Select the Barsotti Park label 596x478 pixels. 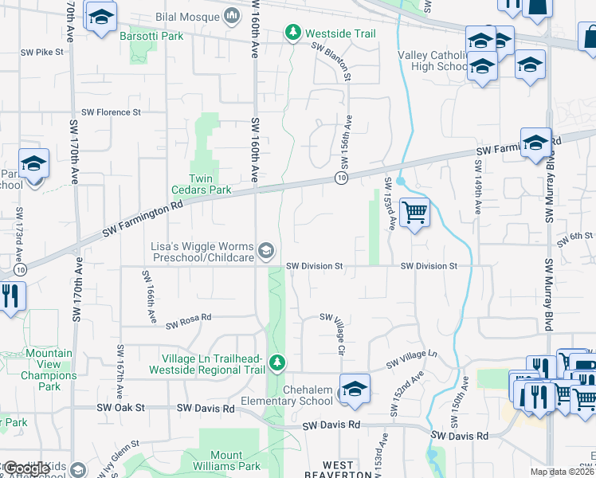coord(151,36)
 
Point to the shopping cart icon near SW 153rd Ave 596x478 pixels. coord(414,213)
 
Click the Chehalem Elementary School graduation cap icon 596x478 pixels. coord(355,389)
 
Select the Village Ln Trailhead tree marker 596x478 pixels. coord(276,363)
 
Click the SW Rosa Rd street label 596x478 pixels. coord(189,321)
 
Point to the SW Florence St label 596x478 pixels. coord(110,112)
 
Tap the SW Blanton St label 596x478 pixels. coord(331,61)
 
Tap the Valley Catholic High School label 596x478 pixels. coord(432,61)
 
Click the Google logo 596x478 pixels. coord(25,468)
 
